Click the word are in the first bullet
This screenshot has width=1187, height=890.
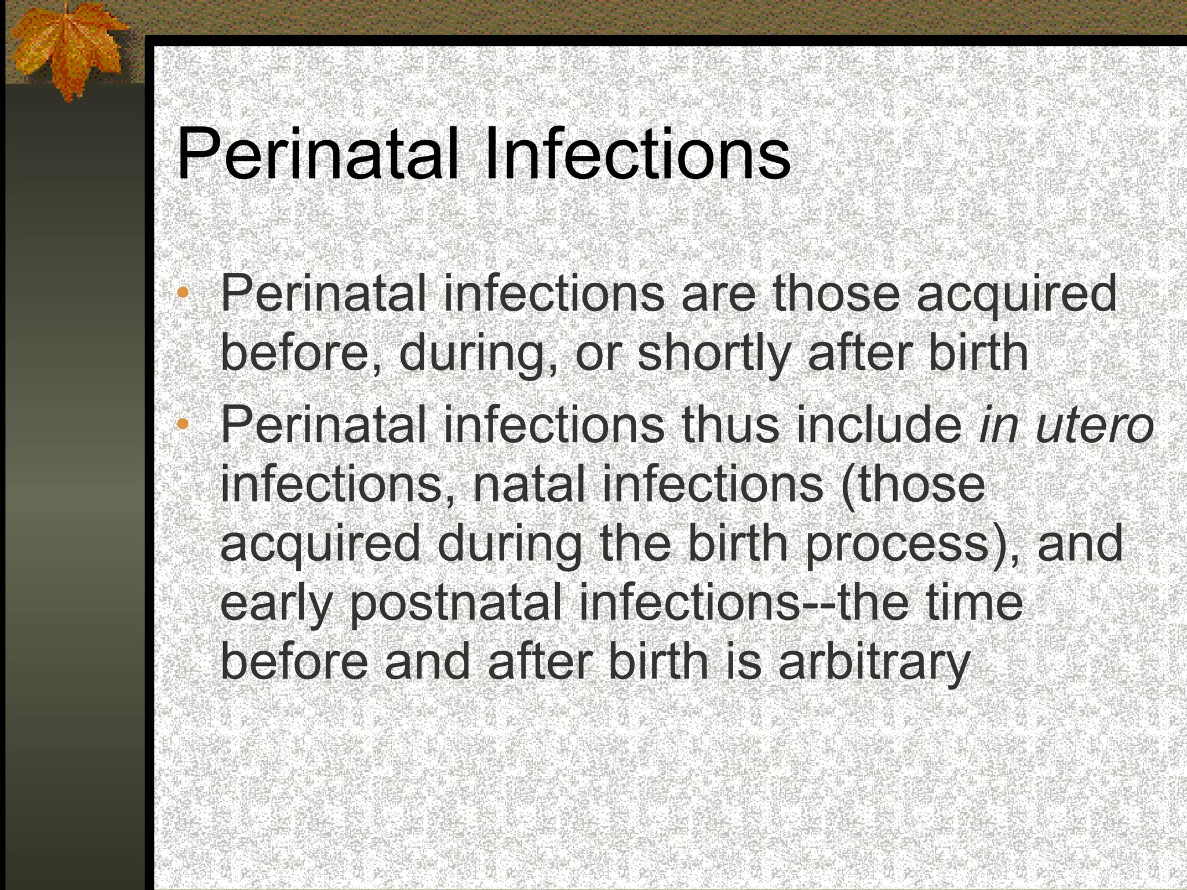[718, 294]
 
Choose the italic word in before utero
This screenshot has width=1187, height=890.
[996, 425]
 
